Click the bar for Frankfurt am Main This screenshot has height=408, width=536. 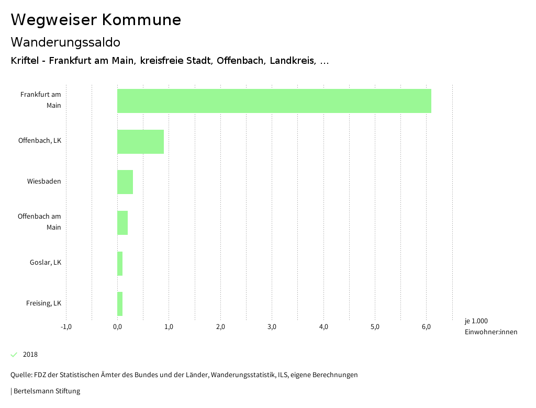click(x=274, y=101)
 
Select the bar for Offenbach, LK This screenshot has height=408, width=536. click(x=140, y=141)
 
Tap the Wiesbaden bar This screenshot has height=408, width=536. click(x=125, y=182)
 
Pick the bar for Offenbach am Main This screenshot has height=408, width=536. click(x=122, y=223)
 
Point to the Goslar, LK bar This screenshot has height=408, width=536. click(x=120, y=263)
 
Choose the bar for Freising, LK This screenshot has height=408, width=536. click(x=120, y=304)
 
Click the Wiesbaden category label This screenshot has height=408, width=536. click(x=44, y=182)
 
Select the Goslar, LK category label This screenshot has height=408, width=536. click(x=46, y=263)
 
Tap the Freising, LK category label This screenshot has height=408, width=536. click(x=43, y=303)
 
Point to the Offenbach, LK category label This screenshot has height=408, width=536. click(x=40, y=141)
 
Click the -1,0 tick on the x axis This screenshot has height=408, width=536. click(x=66, y=327)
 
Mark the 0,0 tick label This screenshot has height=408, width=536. click(x=117, y=327)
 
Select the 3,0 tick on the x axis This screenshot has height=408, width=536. click(x=272, y=327)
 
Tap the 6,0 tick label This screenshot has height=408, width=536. click(x=426, y=327)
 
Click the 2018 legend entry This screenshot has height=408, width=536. click(x=30, y=355)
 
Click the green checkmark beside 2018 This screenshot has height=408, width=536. click(x=14, y=355)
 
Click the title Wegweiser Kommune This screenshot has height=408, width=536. click(x=96, y=20)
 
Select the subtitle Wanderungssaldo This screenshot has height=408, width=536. click(x=65, y=42)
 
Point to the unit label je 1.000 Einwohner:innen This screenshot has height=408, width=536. click(x=490, y=326)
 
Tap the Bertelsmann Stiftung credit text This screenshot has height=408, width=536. click(x=46, y=391)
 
